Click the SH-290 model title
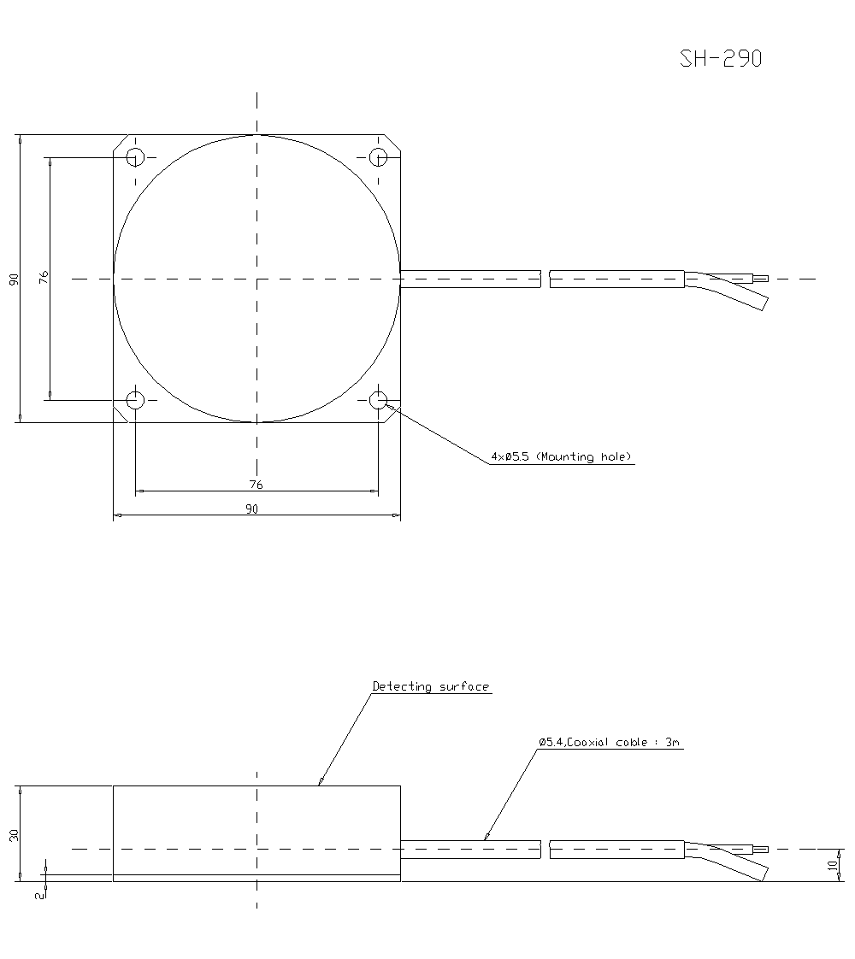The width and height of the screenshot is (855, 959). (721, 58)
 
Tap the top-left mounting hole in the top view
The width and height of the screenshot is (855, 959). (135, 157)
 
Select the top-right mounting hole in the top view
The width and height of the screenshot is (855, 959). (378, 157)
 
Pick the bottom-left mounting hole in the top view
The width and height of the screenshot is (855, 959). (135, 399)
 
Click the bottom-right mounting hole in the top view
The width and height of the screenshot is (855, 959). (378, 399)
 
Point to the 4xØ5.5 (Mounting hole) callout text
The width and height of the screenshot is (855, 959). (561, 457)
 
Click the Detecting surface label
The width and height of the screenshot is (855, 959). (431, 686)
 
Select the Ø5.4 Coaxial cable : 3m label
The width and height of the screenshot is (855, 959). (610, 743)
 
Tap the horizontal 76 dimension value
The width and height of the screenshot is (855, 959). (256, 485)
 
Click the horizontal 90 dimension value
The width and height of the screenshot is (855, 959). (251, 509)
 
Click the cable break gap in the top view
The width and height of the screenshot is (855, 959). (545, 279)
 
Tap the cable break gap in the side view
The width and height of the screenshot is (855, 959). (545, 850)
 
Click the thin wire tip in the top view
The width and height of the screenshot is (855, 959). (760, 278)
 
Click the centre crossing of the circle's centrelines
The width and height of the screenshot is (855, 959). (256, 279)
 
